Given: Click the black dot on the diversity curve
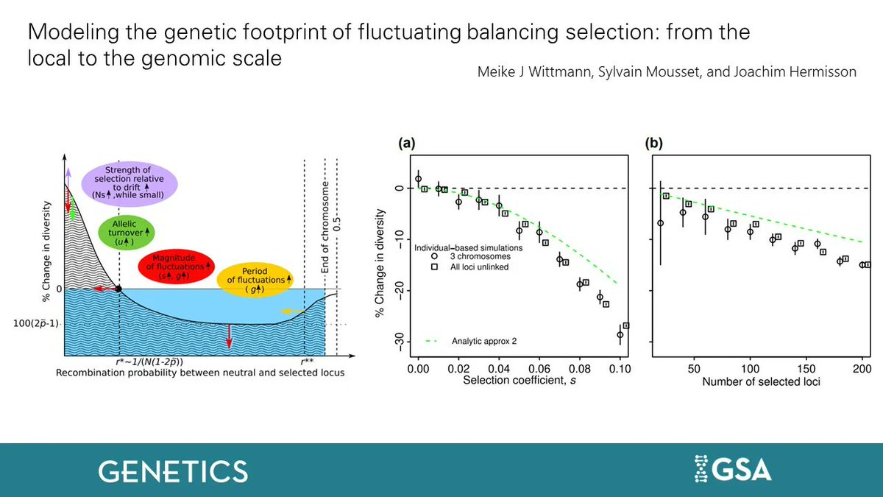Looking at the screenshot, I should click(x=119, y=289).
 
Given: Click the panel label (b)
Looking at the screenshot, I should click(x=654, y=144).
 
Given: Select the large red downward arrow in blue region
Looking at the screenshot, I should click(x=229, y=334).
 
